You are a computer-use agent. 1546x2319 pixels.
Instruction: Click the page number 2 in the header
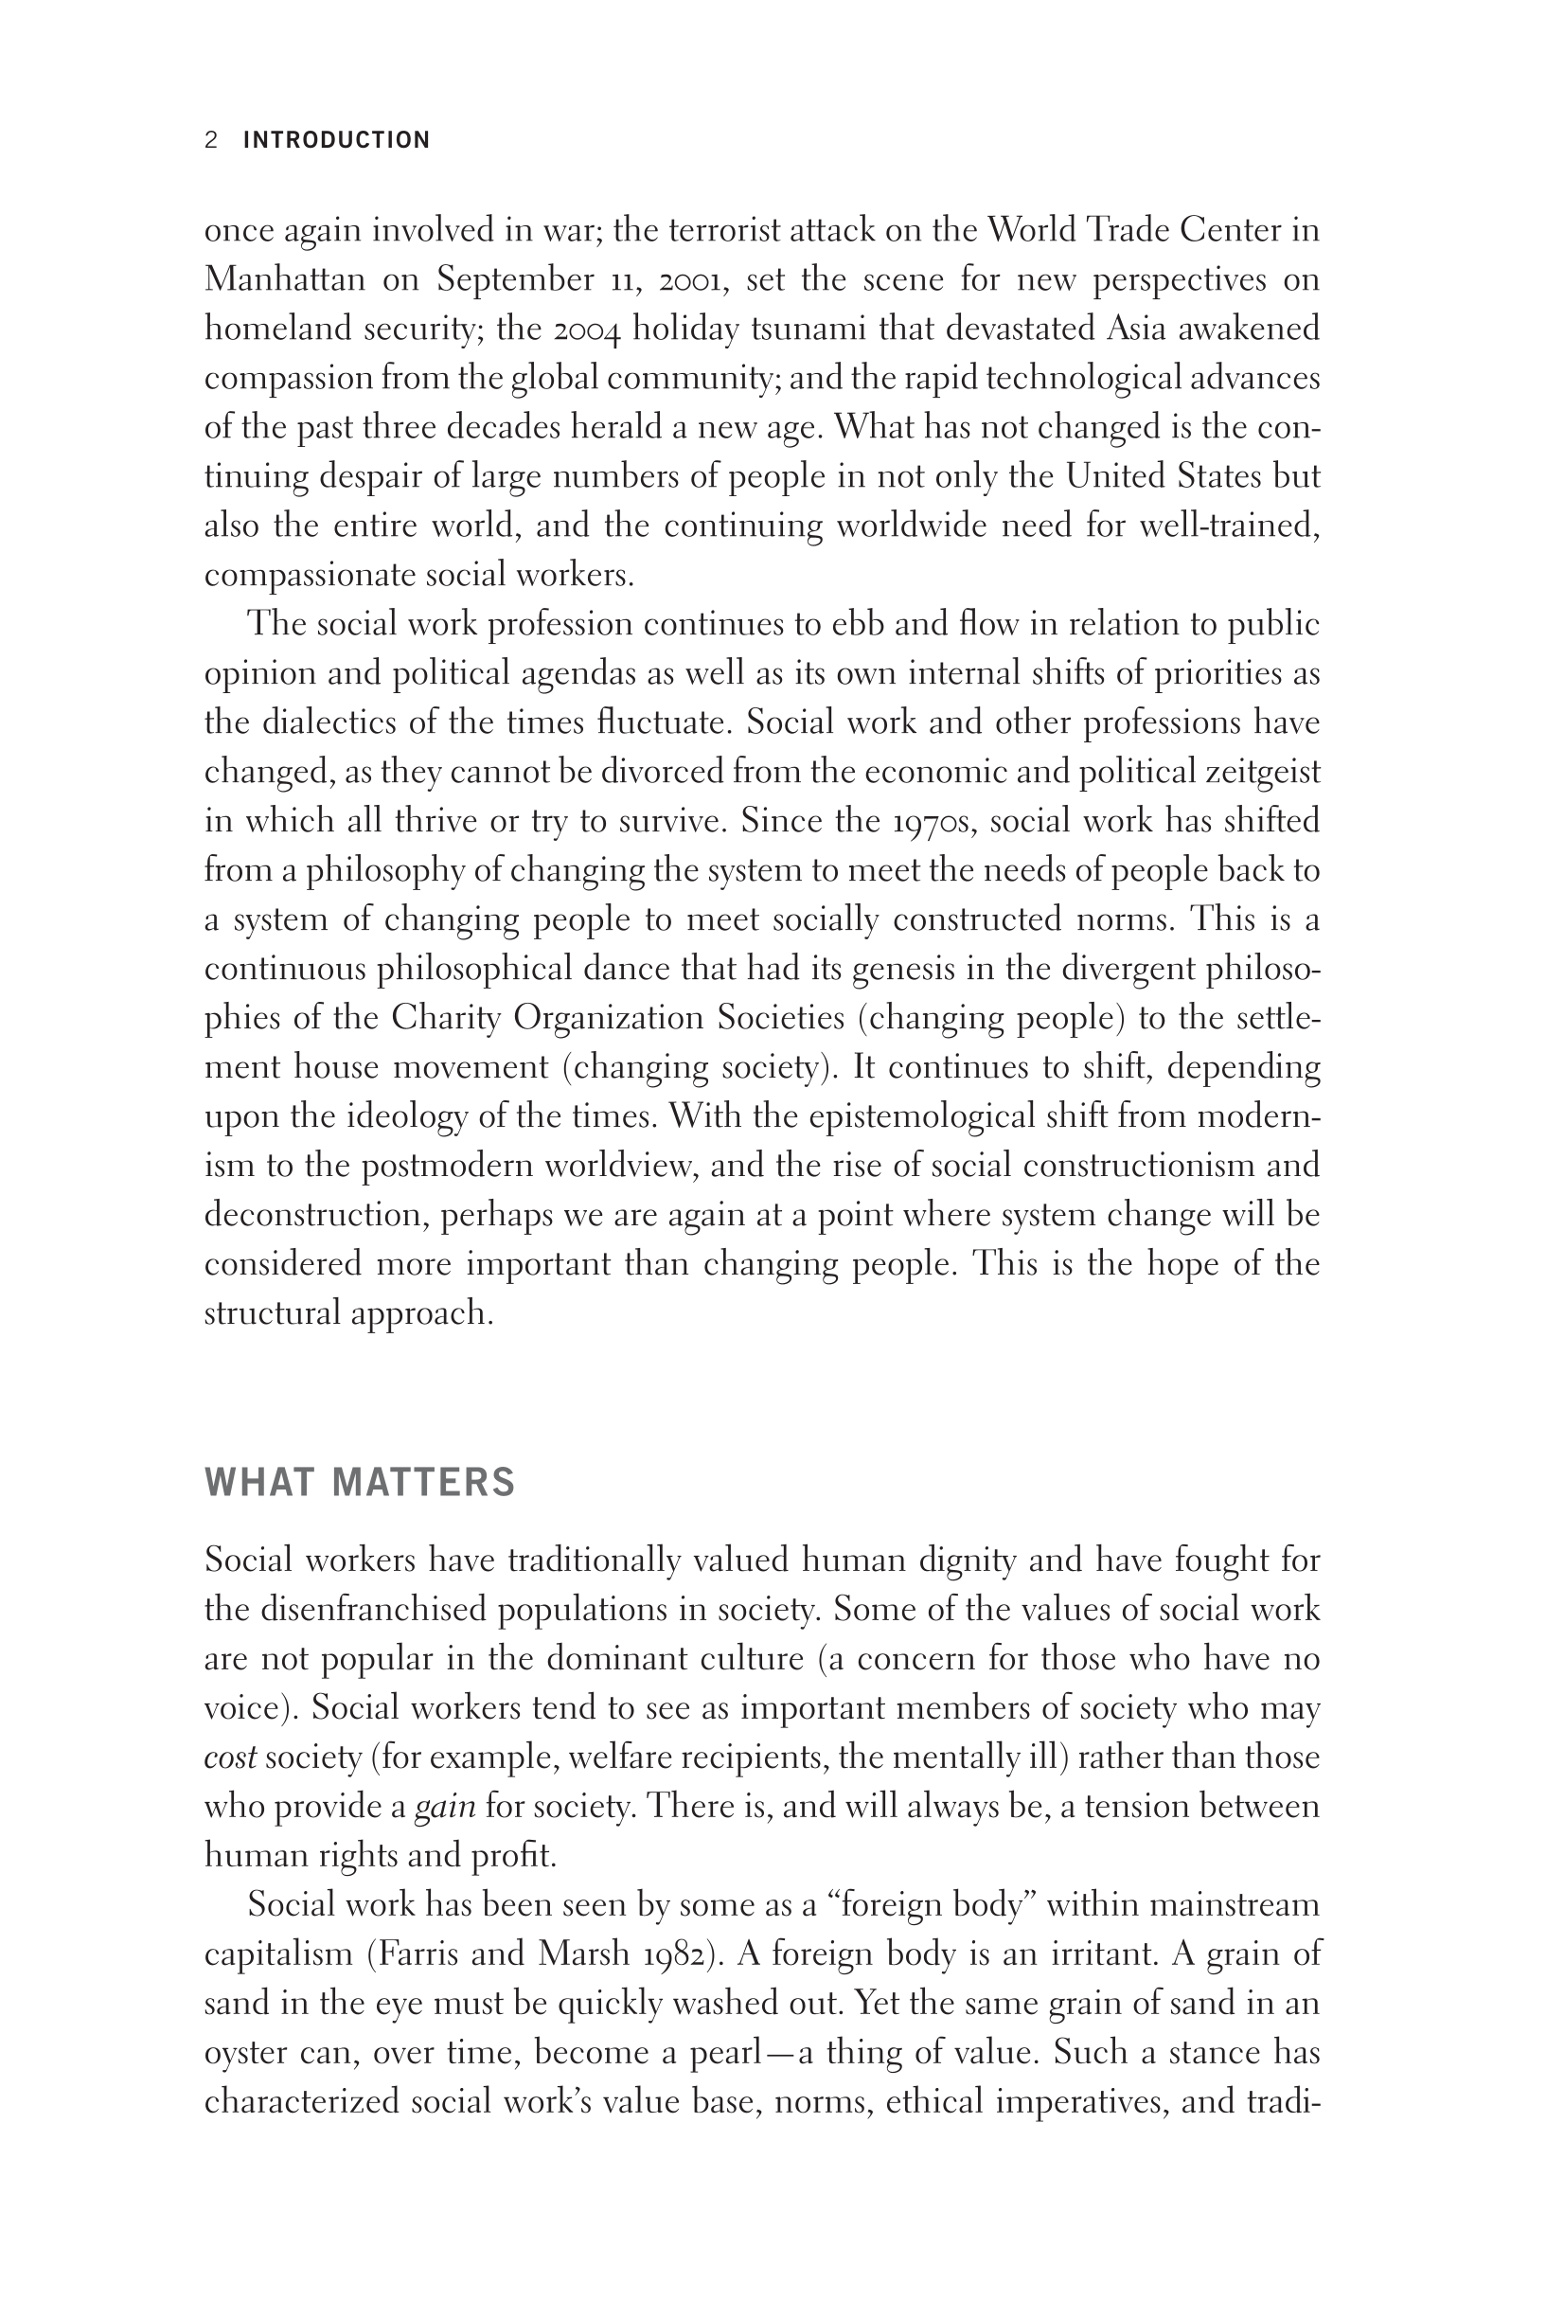(x=211, y=140)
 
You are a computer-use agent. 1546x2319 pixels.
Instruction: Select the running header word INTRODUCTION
(x=336, y=140)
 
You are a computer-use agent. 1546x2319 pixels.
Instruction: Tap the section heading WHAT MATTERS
(x=360, y=1483)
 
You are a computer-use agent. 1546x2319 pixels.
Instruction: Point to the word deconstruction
(x=315, y=1215)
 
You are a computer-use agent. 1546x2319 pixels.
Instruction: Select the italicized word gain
(x=445, y=1807)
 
